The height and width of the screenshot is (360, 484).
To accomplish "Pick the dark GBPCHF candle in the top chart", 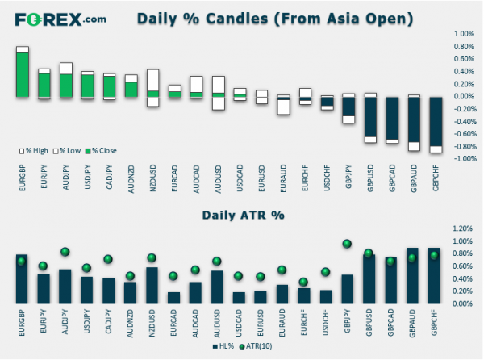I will (436, 122).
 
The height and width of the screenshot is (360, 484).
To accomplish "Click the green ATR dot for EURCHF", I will (303, 282).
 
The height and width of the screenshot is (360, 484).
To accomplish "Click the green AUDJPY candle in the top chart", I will (66, 85).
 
